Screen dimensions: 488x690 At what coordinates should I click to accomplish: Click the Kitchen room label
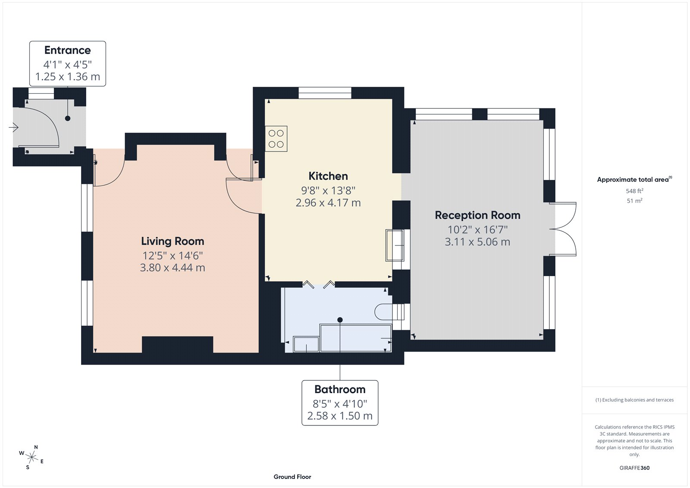coord(328,176)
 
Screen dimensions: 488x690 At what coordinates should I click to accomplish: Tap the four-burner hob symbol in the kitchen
coord(276,139)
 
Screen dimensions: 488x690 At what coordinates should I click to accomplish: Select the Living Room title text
coord(172,241)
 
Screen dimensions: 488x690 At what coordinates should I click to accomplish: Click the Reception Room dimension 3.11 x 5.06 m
coord(477,242)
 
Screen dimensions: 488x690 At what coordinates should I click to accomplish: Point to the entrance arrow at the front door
coord(14,128)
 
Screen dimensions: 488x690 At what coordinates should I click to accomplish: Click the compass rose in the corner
coord(31,457)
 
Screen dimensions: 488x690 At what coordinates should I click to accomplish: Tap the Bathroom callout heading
coord(340,390)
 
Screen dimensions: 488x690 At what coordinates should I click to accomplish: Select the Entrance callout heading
coord(68,50)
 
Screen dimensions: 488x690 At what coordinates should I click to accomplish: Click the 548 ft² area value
coord(634,191)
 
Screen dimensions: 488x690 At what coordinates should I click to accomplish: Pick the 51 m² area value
coord(634,201)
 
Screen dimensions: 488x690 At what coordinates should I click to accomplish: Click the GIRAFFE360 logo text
coord(634,468)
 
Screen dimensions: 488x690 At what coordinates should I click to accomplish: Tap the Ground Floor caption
coord(292,477)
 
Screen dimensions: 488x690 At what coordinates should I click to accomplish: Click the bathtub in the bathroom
coord(355,337)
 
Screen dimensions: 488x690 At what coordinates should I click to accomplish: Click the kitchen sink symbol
coord(395,245)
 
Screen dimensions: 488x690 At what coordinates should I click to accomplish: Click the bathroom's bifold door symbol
coord(318,284)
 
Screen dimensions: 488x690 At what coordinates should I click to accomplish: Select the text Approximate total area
coord(632,180)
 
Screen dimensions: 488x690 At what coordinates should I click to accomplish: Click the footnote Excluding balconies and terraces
coord(634,400)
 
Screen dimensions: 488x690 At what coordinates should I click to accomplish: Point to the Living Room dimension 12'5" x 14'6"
coord(172,255)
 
